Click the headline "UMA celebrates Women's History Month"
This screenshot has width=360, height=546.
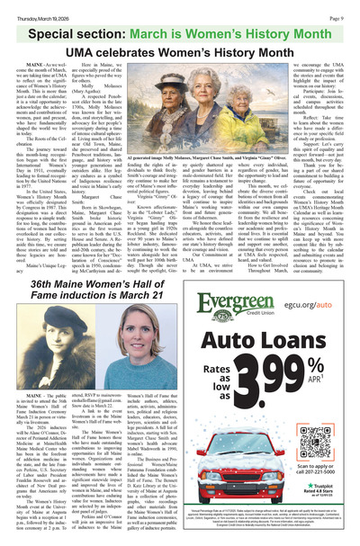coord(179,42)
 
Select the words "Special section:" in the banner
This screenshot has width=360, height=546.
coord(72,22)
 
